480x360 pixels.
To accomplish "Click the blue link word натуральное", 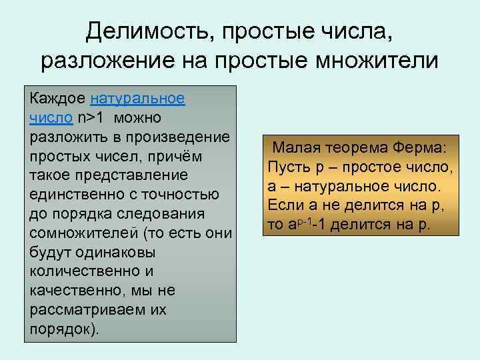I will coord(137,99).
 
